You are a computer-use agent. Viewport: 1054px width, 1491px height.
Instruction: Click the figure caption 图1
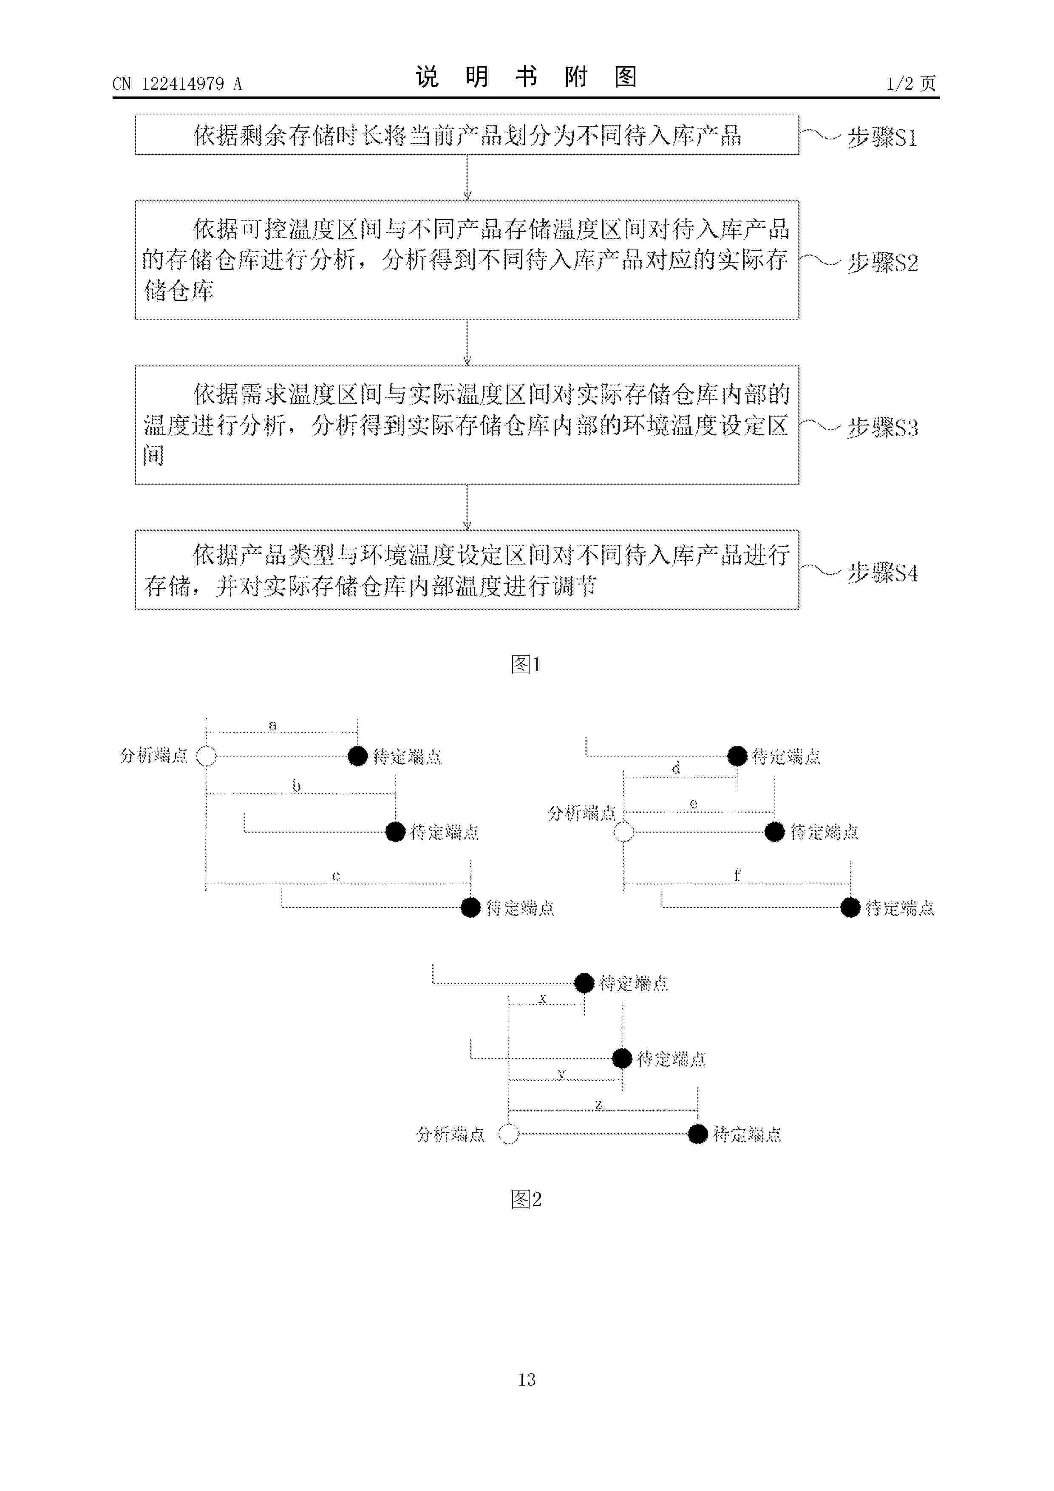526,664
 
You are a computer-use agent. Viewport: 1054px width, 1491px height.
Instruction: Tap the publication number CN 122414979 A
177,84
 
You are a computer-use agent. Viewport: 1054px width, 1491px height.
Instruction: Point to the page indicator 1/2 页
911,84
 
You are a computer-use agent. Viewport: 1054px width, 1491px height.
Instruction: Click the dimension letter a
273,726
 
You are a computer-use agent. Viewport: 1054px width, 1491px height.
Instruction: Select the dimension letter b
296,786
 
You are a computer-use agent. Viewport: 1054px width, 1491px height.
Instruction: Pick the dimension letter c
336,876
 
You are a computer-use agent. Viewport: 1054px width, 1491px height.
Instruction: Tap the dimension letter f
737,875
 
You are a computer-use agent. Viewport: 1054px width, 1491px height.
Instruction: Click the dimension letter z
599,1104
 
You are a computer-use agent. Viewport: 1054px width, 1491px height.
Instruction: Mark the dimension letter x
543,998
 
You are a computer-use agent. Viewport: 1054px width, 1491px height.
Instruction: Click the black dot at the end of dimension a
358,756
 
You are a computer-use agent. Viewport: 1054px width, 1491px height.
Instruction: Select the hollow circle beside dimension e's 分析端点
623,832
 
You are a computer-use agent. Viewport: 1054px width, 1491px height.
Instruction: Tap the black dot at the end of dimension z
697,1134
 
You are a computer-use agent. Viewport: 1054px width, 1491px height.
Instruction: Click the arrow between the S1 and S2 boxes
467,177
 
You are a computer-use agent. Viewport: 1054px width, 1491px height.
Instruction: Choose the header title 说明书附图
526,77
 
